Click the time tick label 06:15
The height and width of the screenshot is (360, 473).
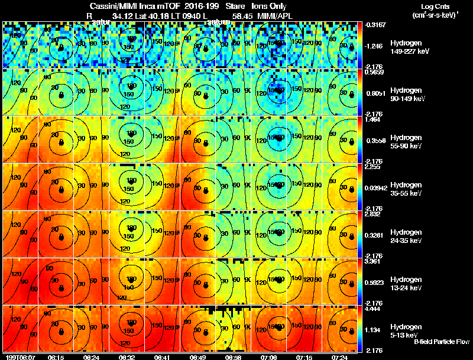pyautogui.click(x=56, y=357)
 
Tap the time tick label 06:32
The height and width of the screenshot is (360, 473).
pyautogui.click(x=127, y=357)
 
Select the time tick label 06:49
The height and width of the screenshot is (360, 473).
pyautogui.click(x=198, y=357)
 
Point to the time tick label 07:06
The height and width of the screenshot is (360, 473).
pyautogui.click(x=269, y=357)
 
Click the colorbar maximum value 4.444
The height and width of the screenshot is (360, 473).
pyautogui.click(x=372, y=308)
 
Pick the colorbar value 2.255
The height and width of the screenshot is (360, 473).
pyautogui.click(x=372, y=167)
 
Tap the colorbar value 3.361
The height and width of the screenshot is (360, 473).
pyautogui.click(x=372, y=261)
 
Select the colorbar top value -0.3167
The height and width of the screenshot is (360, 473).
pyautogui.click(x=374, y=24)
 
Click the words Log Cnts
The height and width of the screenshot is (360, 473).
pyautogui.click(x=433, y=7)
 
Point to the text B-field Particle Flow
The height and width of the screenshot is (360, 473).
pyautogui.click(x=441, y=342)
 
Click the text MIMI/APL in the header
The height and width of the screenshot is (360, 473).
pyautogui.click(x=275, y=16)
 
